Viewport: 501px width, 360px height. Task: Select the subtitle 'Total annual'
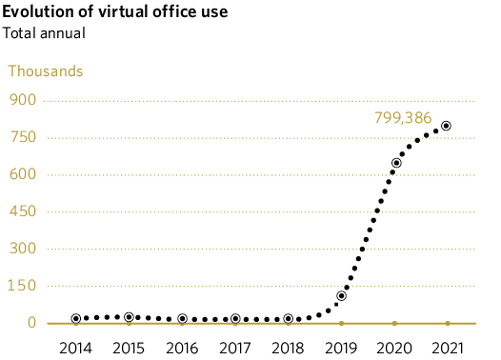point(44,33)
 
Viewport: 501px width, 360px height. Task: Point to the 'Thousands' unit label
point(46,70)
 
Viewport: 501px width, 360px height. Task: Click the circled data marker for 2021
point(446,126)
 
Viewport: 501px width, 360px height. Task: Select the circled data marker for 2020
point(396,163)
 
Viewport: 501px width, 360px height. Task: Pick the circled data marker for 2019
point(341,296)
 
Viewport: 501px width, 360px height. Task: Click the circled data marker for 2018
point(289,319)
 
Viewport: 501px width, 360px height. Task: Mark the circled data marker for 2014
point(76,319)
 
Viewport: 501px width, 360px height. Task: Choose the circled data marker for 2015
point(129,317)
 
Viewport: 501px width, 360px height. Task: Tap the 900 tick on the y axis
point(23,100)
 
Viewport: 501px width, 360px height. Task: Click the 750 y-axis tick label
point(23,137)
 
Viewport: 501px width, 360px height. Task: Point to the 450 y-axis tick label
point(23,211)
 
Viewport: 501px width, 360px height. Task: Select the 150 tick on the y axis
point(23,286)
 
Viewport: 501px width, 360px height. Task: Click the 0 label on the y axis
point(30,323)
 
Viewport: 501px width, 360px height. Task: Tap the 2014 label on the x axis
point(76,347)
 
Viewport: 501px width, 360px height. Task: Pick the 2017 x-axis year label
point(235,347)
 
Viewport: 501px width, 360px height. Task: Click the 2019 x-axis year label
point(341,347)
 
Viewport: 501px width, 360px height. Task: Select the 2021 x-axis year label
point(447,347)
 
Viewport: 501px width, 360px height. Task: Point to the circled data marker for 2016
point(182,319)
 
